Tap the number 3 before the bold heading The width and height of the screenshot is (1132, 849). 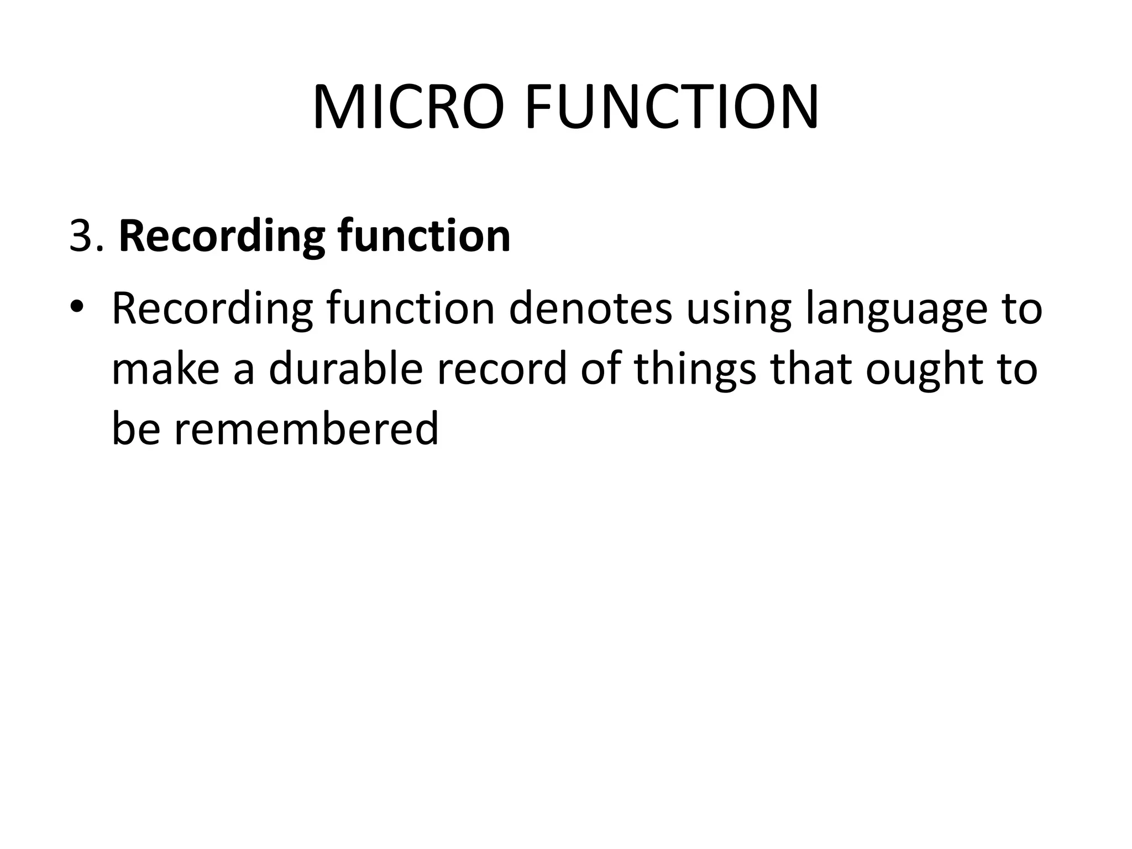click(81, 237)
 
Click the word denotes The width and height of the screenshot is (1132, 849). click(590, 308)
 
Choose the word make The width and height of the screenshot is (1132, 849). click(166, 369)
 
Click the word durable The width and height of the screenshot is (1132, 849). click(346, 369)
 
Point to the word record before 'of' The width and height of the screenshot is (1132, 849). click(502, 369)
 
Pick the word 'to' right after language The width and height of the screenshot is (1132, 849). click(1021, 309)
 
